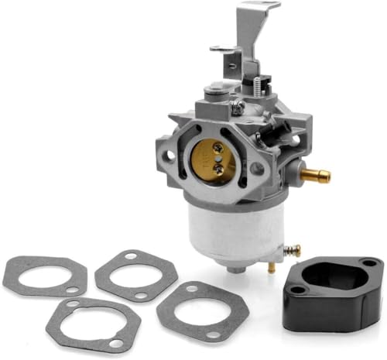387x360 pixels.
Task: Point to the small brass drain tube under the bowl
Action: tap(271, 267)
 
